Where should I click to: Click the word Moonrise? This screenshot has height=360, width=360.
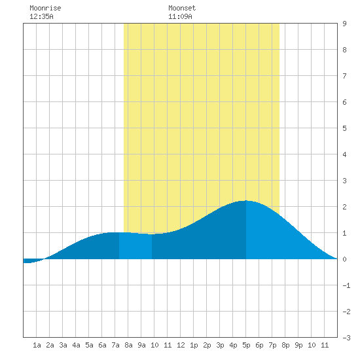click(45, 8)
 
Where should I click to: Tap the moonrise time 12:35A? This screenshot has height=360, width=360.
click(41, 16)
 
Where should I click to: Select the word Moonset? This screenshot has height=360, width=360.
click(182, 8)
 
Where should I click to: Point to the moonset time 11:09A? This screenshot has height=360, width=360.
click(180, 16)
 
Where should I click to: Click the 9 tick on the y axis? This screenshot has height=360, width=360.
click(344, 24)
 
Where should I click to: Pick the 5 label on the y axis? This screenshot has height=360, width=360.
click(344, 128)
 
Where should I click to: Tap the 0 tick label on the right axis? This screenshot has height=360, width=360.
click(344, 259)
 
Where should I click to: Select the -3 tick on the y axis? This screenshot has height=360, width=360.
click(346, 338)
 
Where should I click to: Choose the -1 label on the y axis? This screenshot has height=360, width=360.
click(346, 285)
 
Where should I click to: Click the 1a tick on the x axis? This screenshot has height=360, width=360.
click(37, 345)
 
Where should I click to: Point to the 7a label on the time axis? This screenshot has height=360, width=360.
click(115, 345)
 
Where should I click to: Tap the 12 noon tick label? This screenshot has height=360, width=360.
click(181, 345)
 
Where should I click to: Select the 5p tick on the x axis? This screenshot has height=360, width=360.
click(246, 345)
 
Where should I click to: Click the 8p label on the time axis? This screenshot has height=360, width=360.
click(285, 345)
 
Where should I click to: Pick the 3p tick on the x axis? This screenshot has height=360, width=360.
click(220, 345)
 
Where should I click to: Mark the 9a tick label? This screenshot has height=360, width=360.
click(141, 345)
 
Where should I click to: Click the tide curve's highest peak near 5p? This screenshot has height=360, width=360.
click(246, 201)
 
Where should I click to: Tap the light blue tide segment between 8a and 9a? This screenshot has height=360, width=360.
click(135, 246)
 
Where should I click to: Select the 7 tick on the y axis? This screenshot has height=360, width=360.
click(344, 76)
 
